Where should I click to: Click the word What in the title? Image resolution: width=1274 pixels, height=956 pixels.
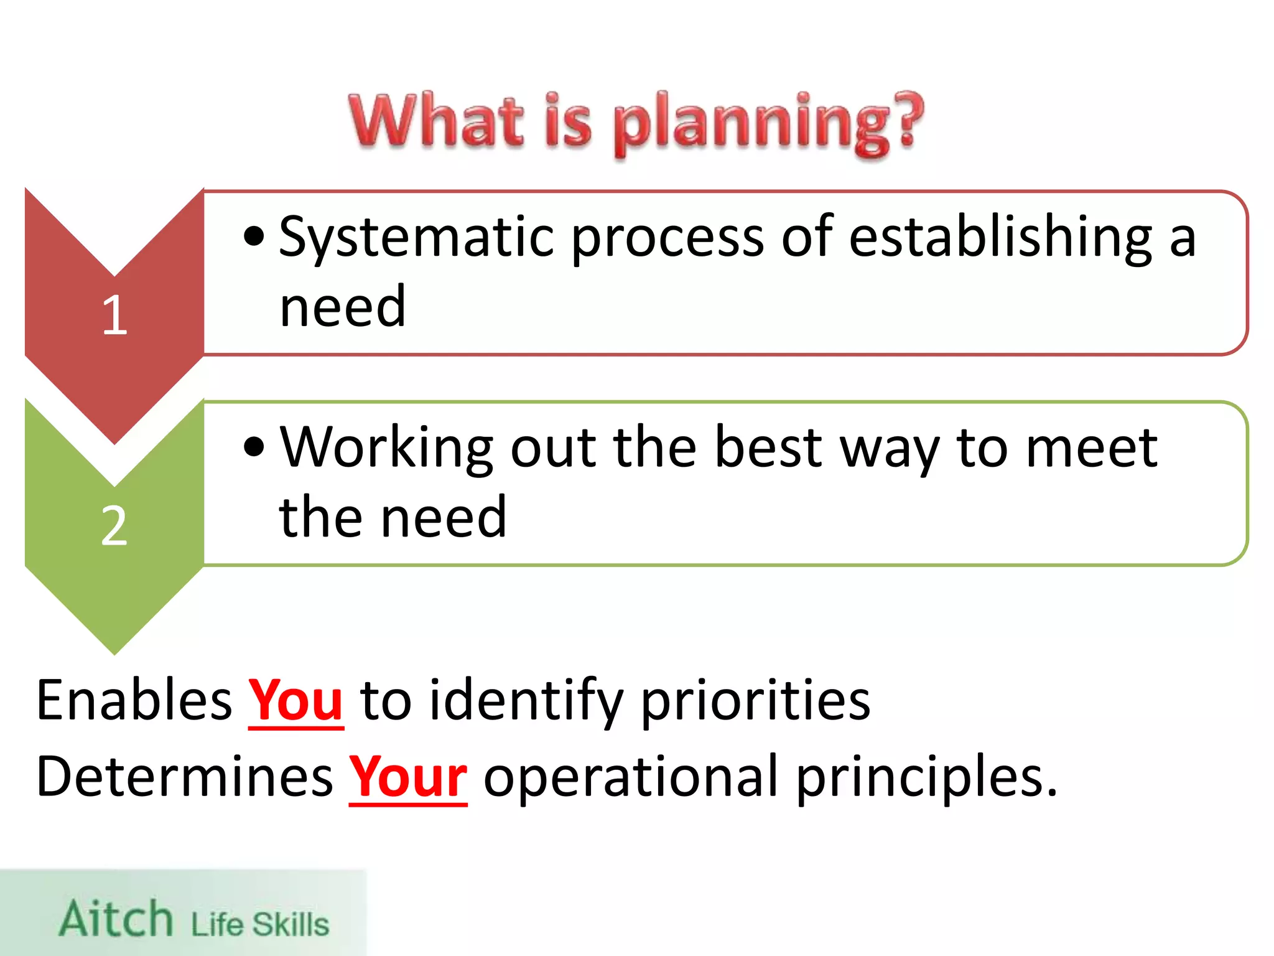(435, 121)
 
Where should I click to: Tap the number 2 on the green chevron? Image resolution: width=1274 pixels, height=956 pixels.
(114, 526)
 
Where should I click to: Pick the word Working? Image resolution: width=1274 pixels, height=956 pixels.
(386, 448)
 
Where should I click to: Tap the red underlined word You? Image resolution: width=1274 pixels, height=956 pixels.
(295, 701)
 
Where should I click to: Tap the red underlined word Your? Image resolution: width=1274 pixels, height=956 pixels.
(407, 777)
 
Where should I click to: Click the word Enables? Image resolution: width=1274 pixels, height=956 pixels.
(134, 701)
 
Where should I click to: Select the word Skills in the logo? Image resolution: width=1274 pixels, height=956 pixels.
(291, 924)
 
